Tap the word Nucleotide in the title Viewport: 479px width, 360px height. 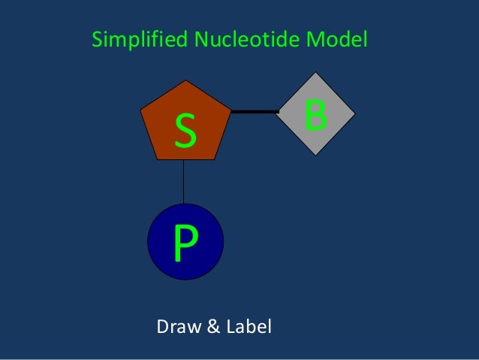pos(250,40)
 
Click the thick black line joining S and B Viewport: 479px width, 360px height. pos(255,111)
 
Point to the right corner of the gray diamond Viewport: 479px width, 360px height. pos(355,113)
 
